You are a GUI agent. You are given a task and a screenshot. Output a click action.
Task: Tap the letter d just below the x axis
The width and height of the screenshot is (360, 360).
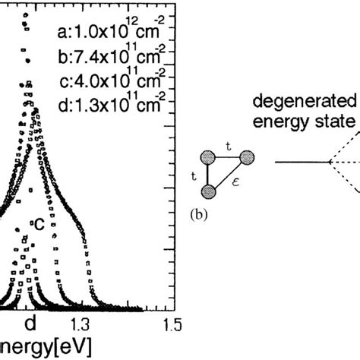30,324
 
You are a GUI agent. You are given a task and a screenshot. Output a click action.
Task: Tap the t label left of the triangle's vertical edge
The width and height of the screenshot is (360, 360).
194,174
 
